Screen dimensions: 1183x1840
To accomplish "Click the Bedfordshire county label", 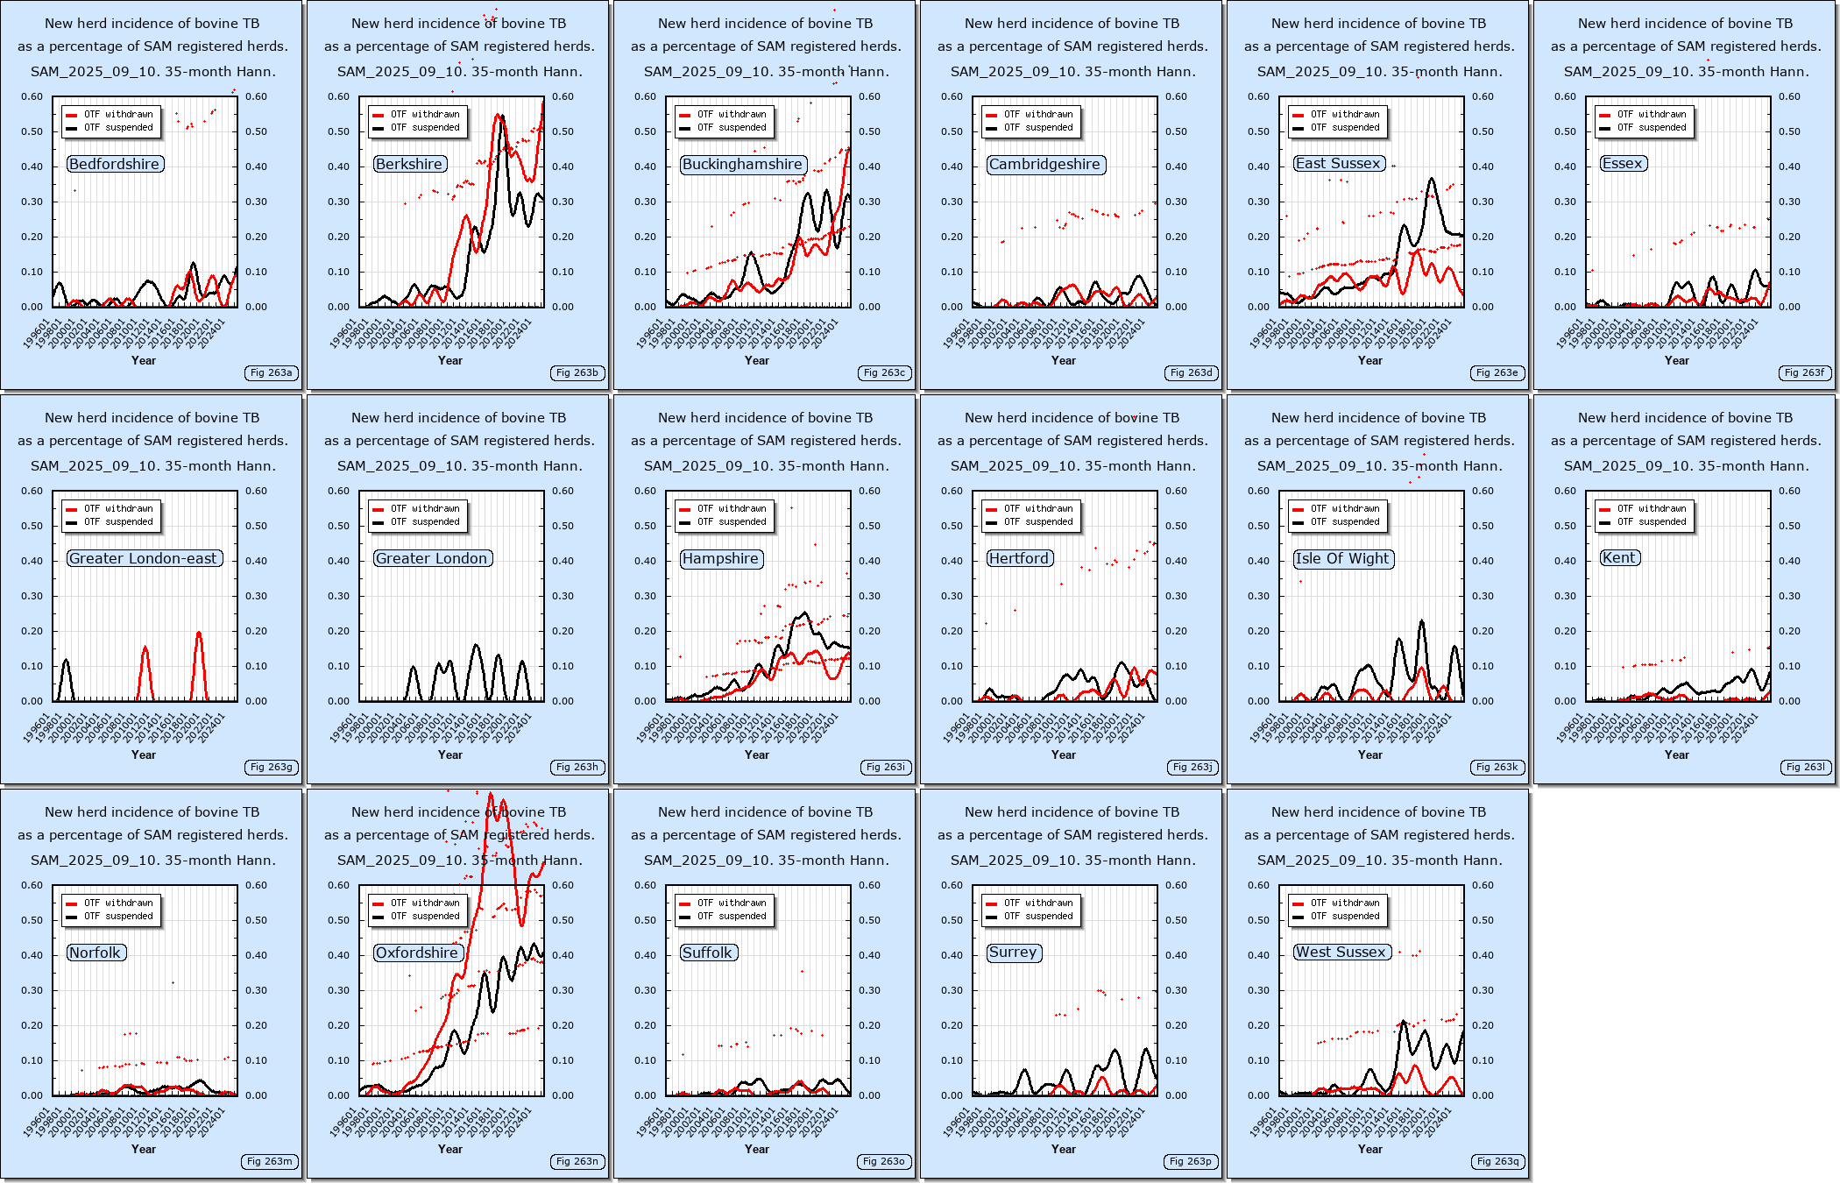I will pyautogui.click(x=115, y=164).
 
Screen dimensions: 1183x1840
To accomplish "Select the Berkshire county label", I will pyautogui.click(x=409, y=164).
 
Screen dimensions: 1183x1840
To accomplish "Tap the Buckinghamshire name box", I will pyautogui.click(x=742, y=164).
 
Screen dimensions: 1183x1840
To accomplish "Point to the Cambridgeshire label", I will pyautogui.click(x=1044, y=164).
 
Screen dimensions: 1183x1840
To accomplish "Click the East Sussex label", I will pyautogui.click(x=1338, y=163).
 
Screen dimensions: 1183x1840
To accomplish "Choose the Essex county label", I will pyautogui.click(x=1622, y=163).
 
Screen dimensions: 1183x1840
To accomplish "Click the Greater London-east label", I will pyautogui.click(x=143, y=558).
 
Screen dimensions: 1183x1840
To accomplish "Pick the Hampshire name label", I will pyautogui.click(x=720, y=558).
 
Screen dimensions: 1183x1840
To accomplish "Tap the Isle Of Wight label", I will pyautogui.click(x=1342, y=558).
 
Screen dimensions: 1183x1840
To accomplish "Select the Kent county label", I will pyautogui.click(x=1618, y=557).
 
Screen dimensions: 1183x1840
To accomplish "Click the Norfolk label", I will pyautogui.click(x=95, y=953).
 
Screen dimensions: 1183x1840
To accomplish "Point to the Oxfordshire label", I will pyautogui.click(x=417, y=953).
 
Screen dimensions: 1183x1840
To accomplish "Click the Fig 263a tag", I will pyautogui.click(x=271, y=372).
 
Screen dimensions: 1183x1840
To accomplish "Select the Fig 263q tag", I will pyautogui.click(x=1497, y=1161).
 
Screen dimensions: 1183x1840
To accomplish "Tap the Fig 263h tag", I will pyautogui.click(x=577, y=767).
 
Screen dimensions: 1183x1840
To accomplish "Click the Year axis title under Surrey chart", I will pyautogui.click(x=1064, y=1149).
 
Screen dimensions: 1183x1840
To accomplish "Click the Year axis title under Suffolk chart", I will pyautogui.click(x=757, y=1149).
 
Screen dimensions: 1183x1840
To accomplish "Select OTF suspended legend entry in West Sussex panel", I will pyautogui.click(x=1344, y=916).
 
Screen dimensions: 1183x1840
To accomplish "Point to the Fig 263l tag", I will pyautogui.click(x=1804, y=767).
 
